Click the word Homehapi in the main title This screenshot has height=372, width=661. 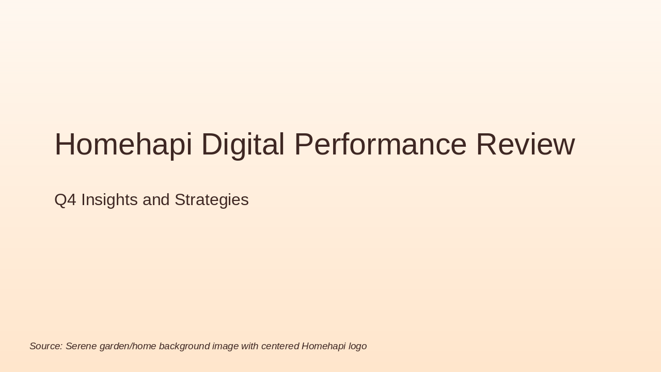[x=123, y=145]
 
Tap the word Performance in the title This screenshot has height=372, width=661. [x=380, y=145]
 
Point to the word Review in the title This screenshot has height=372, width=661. [x=525, y=145]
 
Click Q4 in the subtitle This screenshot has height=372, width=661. [x=65, y=200]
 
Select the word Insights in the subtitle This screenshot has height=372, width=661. [x=109, y=200]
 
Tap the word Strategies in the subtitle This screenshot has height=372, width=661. [x=211, y=200]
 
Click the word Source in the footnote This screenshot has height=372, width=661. [x=45, y=346]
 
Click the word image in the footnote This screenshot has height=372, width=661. [x=225, y=346]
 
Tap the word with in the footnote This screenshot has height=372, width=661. [x=249, y=346]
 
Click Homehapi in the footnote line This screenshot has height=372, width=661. [x=323, y=346]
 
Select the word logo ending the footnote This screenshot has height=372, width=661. [x=357, y=346]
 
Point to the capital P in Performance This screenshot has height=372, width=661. [x=303, y=145]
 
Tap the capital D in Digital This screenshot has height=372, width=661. [x=211, y=145]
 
